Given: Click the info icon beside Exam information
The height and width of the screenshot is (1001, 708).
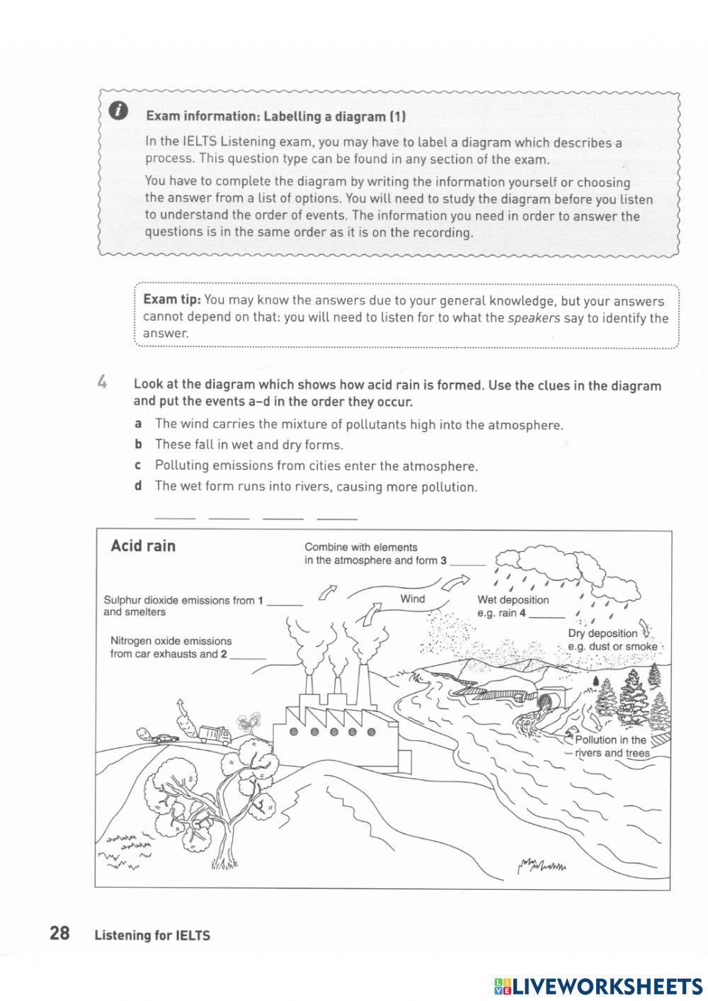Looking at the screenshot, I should point(120,111).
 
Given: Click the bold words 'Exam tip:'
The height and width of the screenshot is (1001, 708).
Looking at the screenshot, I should point(172,300).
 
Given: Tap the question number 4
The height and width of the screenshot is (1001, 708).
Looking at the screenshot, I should point(103,383).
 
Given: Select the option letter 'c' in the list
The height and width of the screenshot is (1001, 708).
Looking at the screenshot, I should point(139,465).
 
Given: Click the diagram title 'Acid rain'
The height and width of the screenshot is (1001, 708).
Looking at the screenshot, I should point(143,545).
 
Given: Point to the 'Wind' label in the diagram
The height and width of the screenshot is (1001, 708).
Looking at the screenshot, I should point(412,599).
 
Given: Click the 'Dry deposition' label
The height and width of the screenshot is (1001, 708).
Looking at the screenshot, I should point(603,633).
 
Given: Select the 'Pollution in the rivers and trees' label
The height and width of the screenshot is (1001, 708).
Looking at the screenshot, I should point(611,746).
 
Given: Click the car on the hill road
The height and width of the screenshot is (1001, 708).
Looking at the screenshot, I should point(164,737).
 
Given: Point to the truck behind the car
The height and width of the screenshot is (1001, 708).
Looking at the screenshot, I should point(214,734).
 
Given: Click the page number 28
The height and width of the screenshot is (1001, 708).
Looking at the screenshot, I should point(59,933).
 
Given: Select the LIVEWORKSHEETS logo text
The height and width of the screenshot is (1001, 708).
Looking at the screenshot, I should point(606,985).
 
